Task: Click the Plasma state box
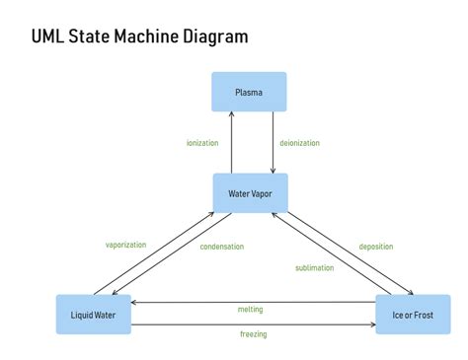point(249,92)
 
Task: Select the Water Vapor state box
point(251,193)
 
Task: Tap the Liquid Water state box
point(94,314)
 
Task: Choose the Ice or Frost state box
point(413,314)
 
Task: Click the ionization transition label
point(201,143)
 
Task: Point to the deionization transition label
point(300,143)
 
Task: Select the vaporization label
point(125,244)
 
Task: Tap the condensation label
point(221,247)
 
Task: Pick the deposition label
point(375,247)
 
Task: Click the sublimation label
point(313,267)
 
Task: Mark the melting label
point(251,310)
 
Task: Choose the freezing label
point(253,334)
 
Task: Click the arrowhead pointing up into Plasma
point(231,114)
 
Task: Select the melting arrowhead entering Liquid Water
point(136,302)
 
